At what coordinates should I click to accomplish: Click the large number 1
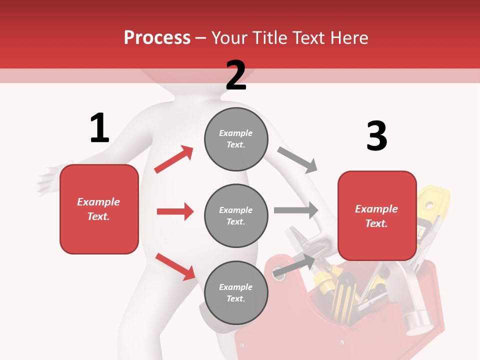point(99,128)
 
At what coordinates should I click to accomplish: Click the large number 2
point(235,75)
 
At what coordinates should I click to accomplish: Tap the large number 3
point(376,136)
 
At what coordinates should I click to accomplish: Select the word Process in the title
point(157,37)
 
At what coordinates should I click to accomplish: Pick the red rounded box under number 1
point(99,209)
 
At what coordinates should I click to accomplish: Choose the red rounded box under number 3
point(377,216)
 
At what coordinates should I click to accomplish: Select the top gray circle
point(236,139)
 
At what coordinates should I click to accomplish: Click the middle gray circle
point(236,215)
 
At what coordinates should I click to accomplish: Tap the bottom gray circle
point(236,292)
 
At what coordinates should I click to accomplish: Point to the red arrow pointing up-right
point(174,159)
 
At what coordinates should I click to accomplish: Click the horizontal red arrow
point(175,211)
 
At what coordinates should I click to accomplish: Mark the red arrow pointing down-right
point(175,266)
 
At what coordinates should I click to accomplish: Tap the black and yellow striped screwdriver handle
point(345,290)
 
